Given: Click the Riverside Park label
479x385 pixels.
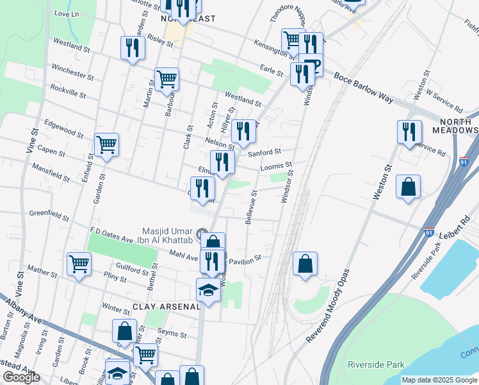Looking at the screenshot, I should click(376, 364).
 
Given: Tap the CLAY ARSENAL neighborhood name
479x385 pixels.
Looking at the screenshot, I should click(166, 307).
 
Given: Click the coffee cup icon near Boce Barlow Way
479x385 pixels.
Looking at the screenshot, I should click(314, 66).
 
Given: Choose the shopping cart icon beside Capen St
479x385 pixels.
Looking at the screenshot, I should click(106, 144).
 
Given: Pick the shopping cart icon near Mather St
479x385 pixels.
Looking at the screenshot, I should click(79, 263).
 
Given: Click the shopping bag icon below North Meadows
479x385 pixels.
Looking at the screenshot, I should click(408, 187).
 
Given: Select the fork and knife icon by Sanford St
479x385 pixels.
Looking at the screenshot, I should click(243, 132).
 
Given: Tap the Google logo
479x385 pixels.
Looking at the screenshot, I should click(20, 377).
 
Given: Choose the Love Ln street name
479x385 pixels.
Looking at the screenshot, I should click(67, 13).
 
